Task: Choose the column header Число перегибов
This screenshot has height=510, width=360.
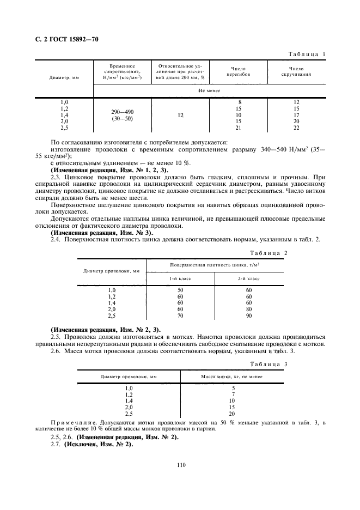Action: pos(238,71)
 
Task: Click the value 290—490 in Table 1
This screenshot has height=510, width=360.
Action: pos(122,112)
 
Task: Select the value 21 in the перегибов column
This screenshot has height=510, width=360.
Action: pos(238,127)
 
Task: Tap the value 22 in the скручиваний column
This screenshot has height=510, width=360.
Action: pos(296,127)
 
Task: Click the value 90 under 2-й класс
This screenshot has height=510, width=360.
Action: pos(249,315)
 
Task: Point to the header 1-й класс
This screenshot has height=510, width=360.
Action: pos(180,278)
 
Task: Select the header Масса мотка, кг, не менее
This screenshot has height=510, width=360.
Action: pos(231,377)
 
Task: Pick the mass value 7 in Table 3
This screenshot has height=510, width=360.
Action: pos(233,394)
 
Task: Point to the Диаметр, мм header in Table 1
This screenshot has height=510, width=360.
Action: pos(64,78)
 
